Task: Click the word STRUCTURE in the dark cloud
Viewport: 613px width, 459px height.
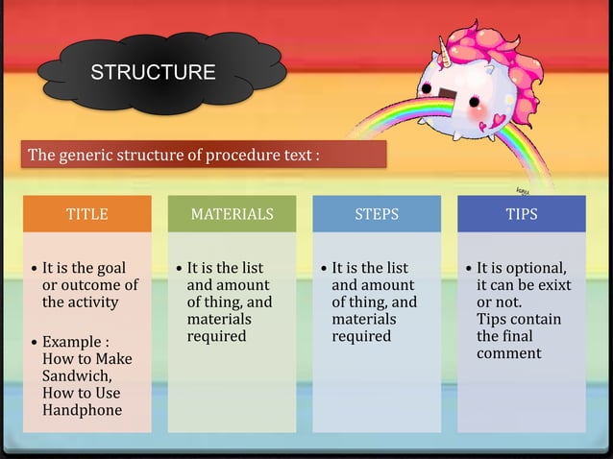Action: pos(153,73)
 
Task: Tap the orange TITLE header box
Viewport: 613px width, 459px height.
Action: pos(86,214)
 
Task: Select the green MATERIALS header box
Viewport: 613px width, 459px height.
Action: pos(232,214)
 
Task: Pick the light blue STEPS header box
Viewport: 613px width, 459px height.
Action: pos(377,214)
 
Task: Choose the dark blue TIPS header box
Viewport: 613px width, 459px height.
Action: pos(522,214)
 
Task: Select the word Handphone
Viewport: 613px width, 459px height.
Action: pos(82,411)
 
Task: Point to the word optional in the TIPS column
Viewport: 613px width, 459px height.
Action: pos(534,268)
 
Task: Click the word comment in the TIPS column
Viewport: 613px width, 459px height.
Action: pos(509,353)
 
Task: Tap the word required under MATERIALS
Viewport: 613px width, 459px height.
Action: pos(216,336)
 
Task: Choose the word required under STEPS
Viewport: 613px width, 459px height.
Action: pos(361,336)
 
